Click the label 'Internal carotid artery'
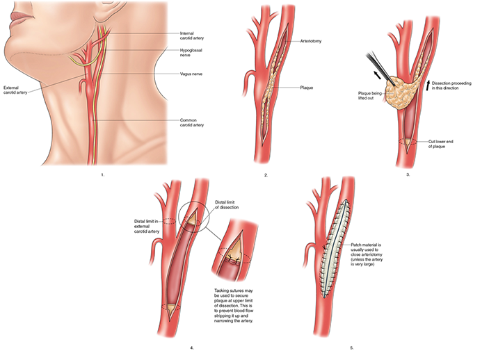click(x=192, y=35)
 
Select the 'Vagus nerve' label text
click(x=191, y=74)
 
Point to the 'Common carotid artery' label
click(x=192, y=122)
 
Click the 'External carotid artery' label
click(x=15, y=90)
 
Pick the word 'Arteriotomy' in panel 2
click(x=311, y=41)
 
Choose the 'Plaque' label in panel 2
click(x=307, y=88)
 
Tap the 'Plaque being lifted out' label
click(x=369, y=96)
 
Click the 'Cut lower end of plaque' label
click(x=441, y=144)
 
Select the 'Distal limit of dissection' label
click(x=227, y=205)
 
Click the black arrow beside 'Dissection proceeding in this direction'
click(x=428, y=85)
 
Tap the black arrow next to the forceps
click(x=377, y=75)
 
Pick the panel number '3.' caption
click(x=408, y=174)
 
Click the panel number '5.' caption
click(x=351, y=348)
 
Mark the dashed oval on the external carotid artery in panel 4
click(x=169, y=221)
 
